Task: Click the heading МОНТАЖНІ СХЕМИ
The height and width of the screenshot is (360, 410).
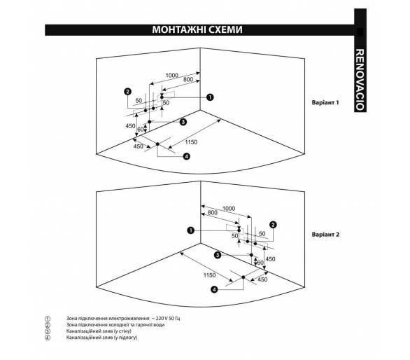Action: pyautogui.click(x=197, y=29)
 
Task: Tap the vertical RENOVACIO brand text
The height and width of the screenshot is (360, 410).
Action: pyautogui.click(x=360, y=80)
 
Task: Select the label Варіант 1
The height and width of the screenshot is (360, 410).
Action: pyautogui.click(x=325, y=102)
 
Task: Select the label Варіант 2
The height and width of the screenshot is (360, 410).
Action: pyautogui.click(x=325, y=235)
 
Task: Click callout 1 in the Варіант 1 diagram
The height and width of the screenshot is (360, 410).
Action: pyautogui.click(x=210, y=97)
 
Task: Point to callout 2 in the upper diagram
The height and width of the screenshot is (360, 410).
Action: pyautogui.click(x=127, y=92)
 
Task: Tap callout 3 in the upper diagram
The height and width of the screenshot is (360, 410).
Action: pyautogui.click(x=183, y=122)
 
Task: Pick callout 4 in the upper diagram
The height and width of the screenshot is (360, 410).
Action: pyautogui.click(x=186, y=157)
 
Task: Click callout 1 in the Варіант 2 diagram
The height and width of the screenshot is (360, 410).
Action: pyautogui.click(x=191, y=230)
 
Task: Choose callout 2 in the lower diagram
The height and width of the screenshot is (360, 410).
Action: pyautogui.click(x=273, y=225)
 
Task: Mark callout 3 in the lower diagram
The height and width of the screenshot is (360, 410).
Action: pyautogui.click(x=218, y=255)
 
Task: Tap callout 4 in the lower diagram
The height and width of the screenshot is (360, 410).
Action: pyautogui.click(x=214, y=289)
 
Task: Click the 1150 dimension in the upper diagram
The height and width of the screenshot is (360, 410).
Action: pyautogui.click(x=191, y=142)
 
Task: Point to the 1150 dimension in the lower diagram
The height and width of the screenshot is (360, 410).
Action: pyautogui.click(x=209, y=275)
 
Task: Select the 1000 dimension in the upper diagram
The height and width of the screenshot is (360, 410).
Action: pyautogui.click(x=172, y=76)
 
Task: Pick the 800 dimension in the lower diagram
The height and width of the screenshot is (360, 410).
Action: pyautogui.click(x=212, y=213)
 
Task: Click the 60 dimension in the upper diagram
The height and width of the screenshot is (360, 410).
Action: pyautogui.click(x=141, y=130)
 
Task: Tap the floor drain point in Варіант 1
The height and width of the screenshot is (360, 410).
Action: pyautogui.click(x=157, y=144)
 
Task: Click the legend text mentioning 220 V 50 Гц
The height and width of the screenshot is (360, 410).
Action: pyautogui.click(x=123, y=319)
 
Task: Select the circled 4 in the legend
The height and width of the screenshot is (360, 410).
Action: pyautogui.click(x=48, y=338)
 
